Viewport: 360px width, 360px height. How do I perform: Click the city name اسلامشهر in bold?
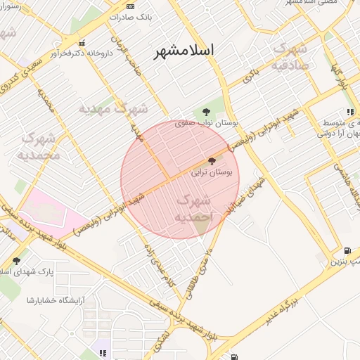coord(186,50)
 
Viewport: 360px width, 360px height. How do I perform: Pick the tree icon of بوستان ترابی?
coord(212,161)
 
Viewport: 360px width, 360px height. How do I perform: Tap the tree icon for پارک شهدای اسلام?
coord(16,261)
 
